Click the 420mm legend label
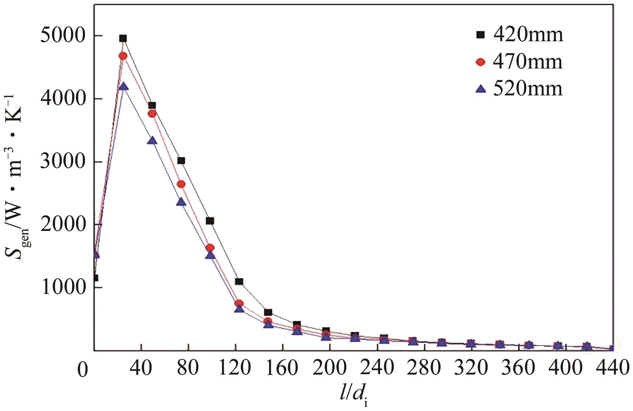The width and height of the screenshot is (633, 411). [528, 35]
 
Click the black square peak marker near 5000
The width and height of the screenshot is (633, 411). [123, 38]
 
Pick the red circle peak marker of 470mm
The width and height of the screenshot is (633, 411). [123, 56]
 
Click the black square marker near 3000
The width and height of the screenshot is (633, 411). [181, 161]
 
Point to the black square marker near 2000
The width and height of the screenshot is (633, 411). [210, 221]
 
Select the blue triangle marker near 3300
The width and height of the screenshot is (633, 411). [152, 141]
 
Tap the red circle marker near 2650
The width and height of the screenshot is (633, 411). [181, 184]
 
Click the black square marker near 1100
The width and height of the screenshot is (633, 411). [239, 282]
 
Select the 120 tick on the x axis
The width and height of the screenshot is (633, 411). [235, 368]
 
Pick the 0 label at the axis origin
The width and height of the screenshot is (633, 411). [83, 370]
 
